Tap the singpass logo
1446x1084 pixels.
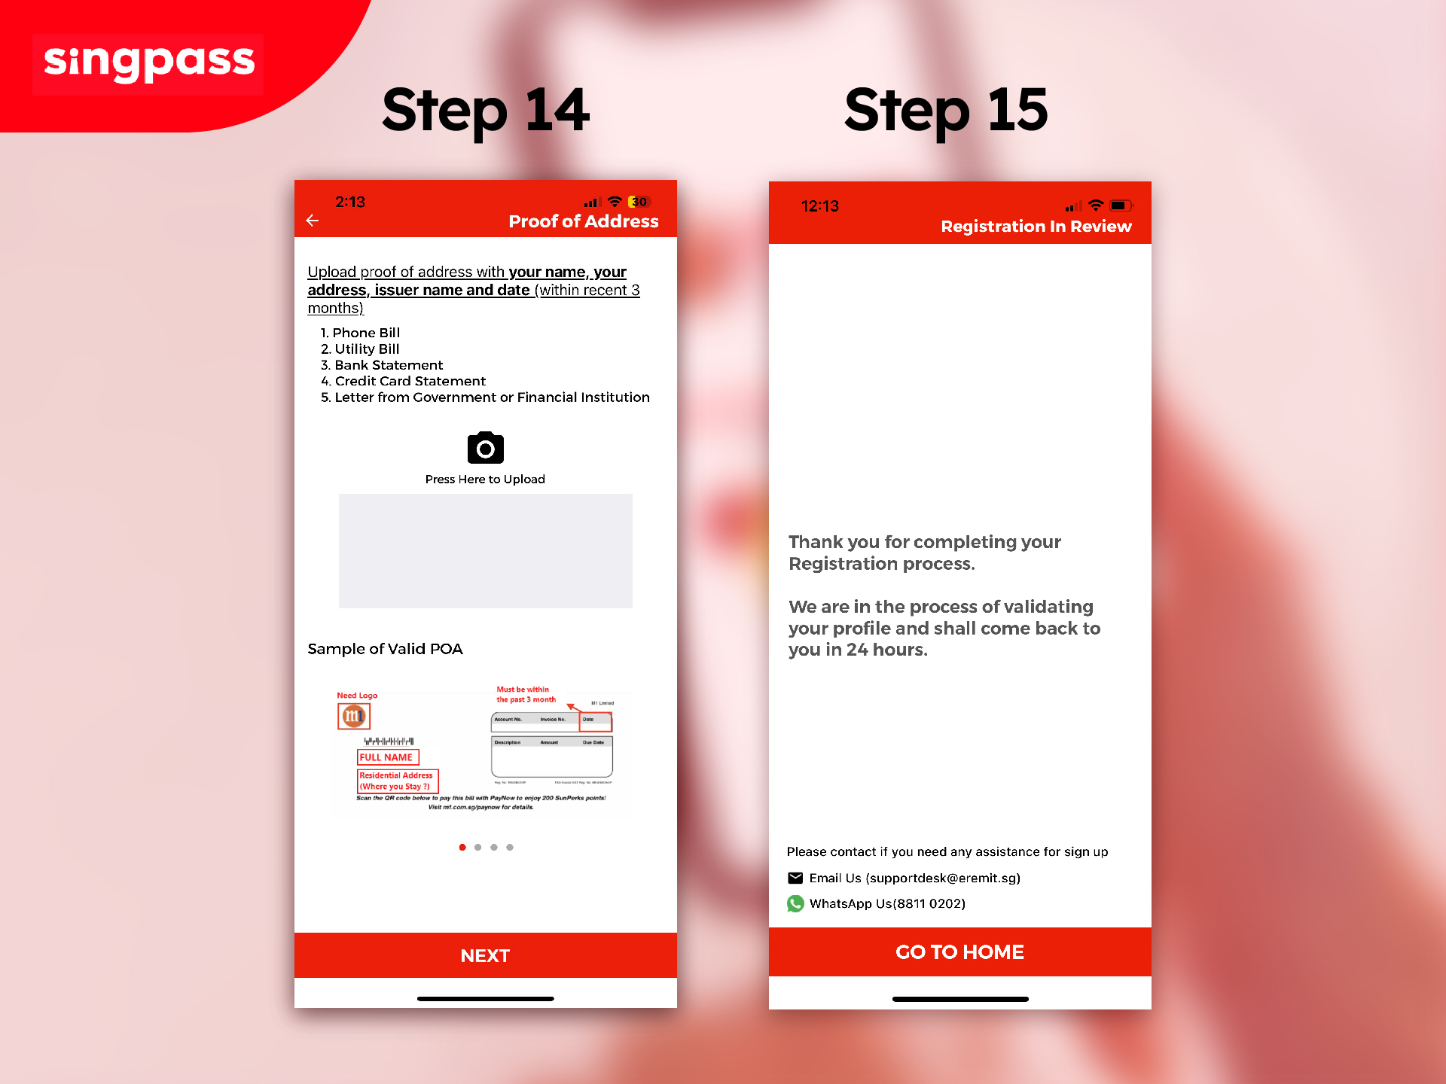click(148, 63)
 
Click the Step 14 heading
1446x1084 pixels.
click(486, 111)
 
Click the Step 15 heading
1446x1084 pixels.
click(946, 111)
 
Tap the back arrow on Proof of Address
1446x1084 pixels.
click(313, 221)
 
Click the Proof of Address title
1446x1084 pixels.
click(583, 221)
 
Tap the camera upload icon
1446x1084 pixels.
click(485, 449)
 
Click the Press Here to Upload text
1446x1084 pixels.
click(485, 480)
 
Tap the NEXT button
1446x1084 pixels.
click(485, 955)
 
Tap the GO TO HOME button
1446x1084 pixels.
click(959, 952)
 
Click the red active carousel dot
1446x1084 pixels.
click(462, 848)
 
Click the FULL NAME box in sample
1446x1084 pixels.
click(387, 757)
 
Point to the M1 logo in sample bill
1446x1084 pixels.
click(354, 716)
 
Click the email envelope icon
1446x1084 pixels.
click(795, 878)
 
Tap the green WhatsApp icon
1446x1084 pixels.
click(795, 903)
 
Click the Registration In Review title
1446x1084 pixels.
click(1036, 227)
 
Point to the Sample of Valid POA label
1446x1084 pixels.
click(385, 649)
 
